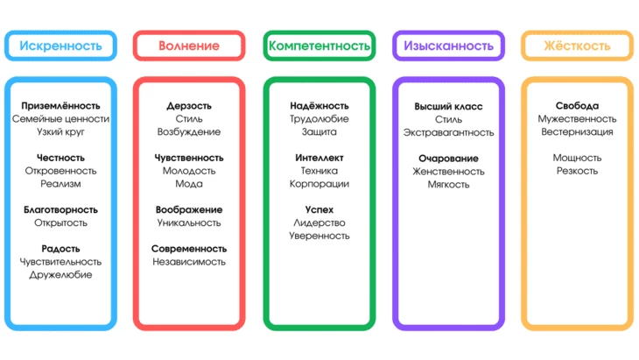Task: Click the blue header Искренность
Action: (x=60, y=46)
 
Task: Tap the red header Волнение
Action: (x=189, y=46)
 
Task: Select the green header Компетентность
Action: (x=319, y=46)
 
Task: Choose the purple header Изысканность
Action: (x=448, y=46)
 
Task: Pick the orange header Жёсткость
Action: (x=577, y=46)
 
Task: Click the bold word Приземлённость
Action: (x=60, y=106)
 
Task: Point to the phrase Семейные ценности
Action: (x=60, y=119)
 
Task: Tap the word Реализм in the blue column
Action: (x=60, y=184)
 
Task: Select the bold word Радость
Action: (x=60, y=249)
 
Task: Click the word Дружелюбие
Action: (x=60, y=275)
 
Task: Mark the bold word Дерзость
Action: (x=189, y=106)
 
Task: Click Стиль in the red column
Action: (x=189, y=119)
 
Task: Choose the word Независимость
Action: (x=189, y=262)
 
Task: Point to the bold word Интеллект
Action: (x=319, y=158)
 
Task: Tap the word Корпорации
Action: (x=319, y=184)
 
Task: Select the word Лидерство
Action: (x=319, y=223)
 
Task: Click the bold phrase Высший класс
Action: (x=448, y=106)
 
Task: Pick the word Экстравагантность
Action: (x=448, y=132)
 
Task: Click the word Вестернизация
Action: (x=577, y=132)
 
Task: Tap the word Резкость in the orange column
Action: (x=577, y=171)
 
